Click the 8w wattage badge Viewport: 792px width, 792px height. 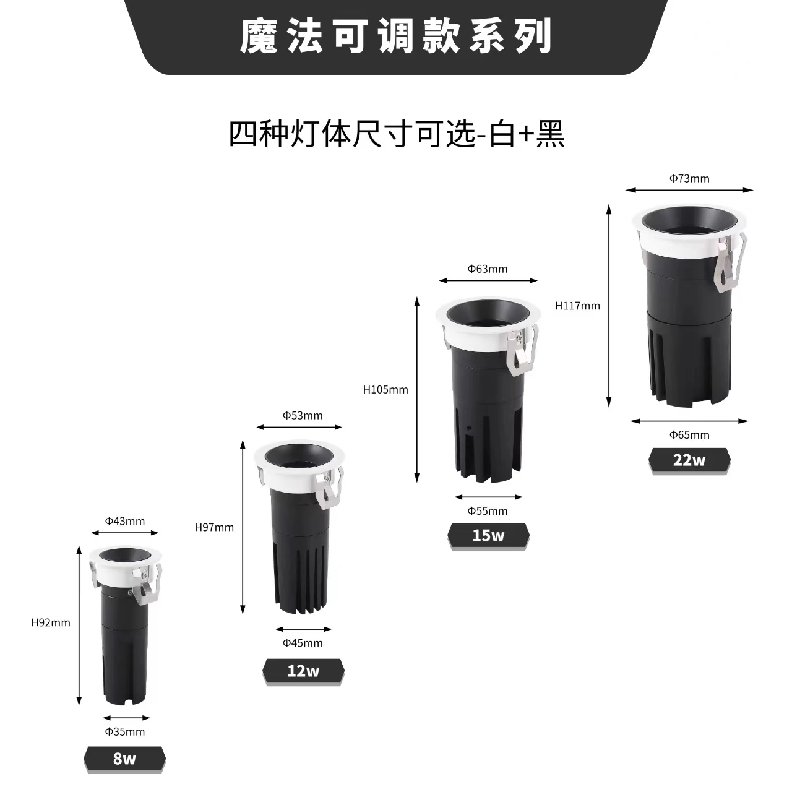[x=124, y=759]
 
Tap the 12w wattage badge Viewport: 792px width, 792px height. [x=303, y=671]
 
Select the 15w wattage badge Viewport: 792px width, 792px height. [x=488, y=535]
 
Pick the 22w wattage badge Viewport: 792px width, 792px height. [x=689, y=460]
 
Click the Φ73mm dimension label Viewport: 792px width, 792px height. [x=689, y=179]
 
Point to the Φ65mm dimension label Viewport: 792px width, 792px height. [x=689, y=434]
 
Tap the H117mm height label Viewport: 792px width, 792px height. [x=577, y=306]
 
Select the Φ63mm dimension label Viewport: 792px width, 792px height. [x=488, y=269]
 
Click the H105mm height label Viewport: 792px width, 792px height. [x=385, y=390]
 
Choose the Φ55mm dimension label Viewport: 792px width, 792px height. [x=488, y=511]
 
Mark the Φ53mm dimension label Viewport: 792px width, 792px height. [x=303, y=415]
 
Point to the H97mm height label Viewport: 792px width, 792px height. [x=214, y=528]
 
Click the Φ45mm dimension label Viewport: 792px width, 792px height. [x=303, y=643]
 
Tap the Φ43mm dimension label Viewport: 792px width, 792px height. [x=125, y=521]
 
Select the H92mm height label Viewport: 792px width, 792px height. [x=51, y=623]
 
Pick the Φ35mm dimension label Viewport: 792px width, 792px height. [x=125, y=732]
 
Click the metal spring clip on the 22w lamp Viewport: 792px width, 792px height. [x=729, y=265]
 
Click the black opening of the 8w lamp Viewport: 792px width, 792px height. [x=124, y=555]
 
